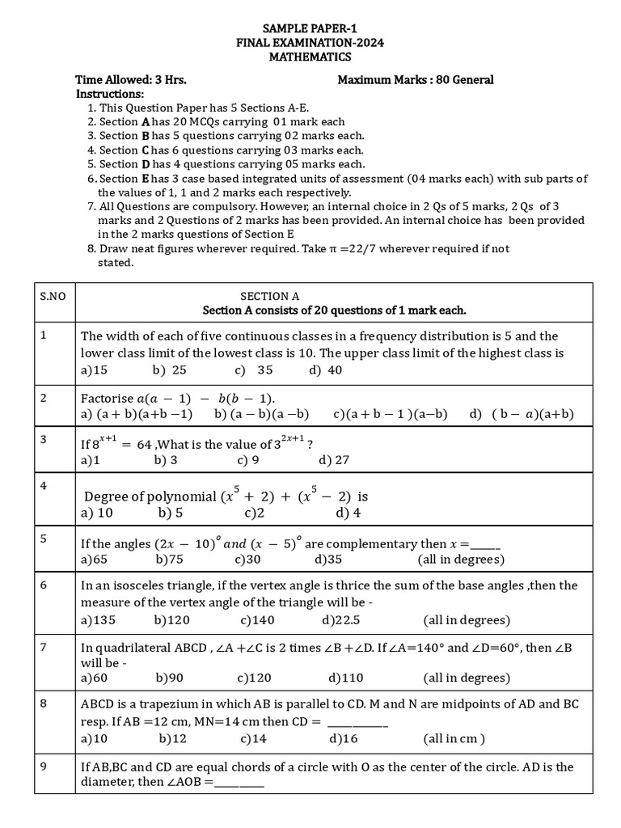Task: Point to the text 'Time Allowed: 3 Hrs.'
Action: (130, 80)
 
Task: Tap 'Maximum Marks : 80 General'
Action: (415, 80)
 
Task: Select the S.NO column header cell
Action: (53, 297)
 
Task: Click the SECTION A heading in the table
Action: (270, 297)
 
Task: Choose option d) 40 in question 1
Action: (325, 370)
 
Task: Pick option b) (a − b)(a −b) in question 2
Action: (261, 413)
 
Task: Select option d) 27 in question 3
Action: (334, 460)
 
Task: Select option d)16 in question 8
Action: (343, 738)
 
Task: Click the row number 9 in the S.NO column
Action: (43, 766)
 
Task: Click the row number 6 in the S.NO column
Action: (43, 584)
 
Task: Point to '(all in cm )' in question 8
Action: (454, 738)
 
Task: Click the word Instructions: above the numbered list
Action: (109, 94)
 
